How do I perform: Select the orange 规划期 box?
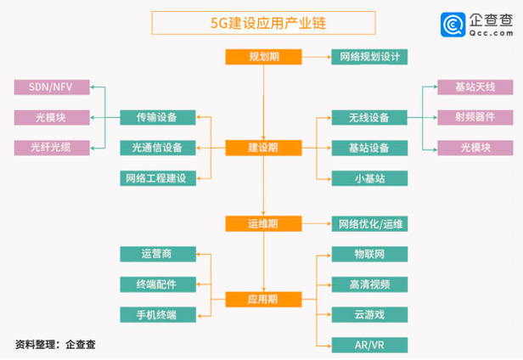point(263,57)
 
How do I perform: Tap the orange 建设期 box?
point(263,148)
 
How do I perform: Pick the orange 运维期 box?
point(263,223)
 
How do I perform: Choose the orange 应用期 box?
point(263,299)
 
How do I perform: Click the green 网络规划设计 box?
point(369,57)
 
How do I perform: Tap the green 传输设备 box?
point(158,117)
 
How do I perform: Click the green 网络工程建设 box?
point(158,177)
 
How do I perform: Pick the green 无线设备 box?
point(369,117)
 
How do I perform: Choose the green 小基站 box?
point(369,177)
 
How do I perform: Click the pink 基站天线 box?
point(475,87)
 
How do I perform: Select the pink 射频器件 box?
point(475,117)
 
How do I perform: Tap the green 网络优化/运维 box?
point(369,223)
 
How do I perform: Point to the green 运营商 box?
point(158,254)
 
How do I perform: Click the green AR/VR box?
point(369,345)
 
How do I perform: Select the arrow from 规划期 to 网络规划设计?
point(316,57)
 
